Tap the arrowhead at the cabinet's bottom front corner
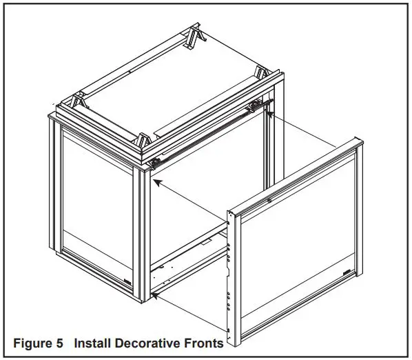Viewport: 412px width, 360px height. coord(156,295)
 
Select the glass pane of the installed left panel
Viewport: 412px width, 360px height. coord(96,207)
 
